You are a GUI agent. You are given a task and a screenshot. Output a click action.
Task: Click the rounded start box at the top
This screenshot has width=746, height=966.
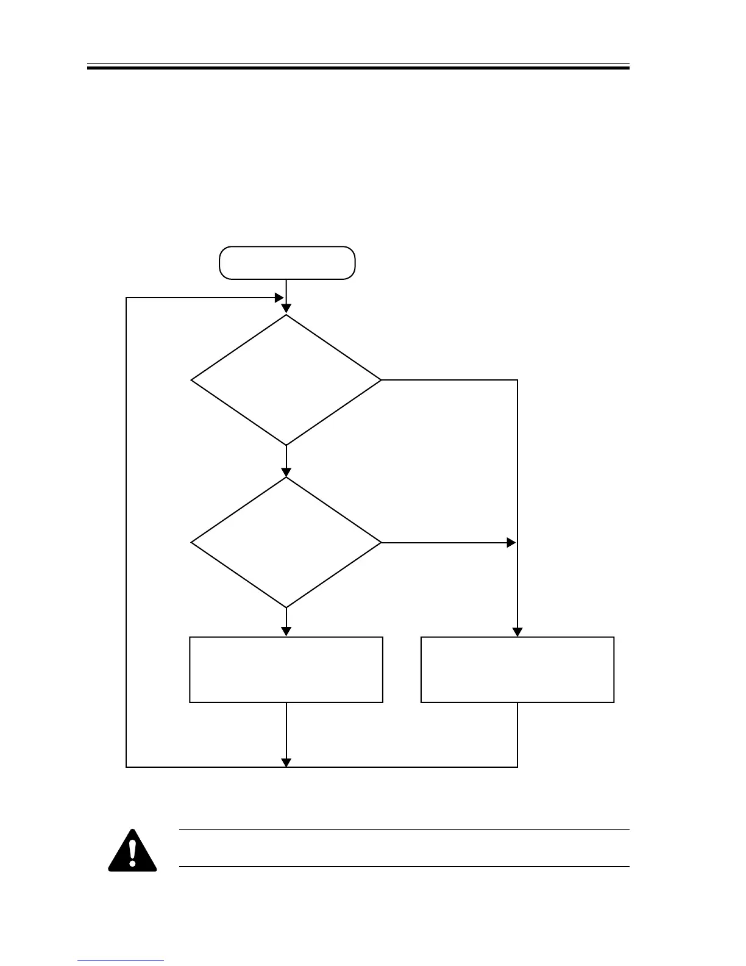point(287,263)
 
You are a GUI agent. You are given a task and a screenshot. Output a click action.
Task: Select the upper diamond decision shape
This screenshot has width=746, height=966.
point(286,380)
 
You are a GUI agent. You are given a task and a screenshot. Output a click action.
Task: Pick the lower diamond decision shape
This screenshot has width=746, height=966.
point(286,542)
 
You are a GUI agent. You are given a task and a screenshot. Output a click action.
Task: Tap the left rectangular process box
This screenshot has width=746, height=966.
point(286,670)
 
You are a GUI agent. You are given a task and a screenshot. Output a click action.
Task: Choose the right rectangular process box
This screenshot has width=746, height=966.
point(517,670)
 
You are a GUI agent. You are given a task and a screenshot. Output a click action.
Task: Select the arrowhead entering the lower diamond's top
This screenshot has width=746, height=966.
point(286,471)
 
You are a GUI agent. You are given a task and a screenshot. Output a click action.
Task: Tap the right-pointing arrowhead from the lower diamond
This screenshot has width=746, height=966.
point(511,542)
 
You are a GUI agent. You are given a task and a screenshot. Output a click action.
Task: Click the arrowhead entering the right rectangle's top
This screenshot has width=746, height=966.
point(517,632)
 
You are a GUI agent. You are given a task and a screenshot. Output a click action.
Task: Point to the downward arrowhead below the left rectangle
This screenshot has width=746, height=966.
point(286,762)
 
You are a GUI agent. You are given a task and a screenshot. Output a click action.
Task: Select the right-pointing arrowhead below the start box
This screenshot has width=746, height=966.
point(279,298)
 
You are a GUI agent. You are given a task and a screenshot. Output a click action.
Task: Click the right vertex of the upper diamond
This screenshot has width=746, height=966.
point(381,380)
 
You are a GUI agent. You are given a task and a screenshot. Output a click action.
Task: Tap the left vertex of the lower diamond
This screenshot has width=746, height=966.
point(192,542)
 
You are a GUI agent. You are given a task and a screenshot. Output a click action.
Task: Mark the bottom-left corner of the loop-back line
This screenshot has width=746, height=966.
point(126,767)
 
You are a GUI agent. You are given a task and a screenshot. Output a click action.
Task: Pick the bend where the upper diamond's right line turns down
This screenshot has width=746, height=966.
point(517,380)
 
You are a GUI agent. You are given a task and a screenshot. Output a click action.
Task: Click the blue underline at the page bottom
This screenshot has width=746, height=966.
point(121,961)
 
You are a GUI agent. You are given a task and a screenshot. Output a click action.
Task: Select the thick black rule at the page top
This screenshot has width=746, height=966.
point(358,68)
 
